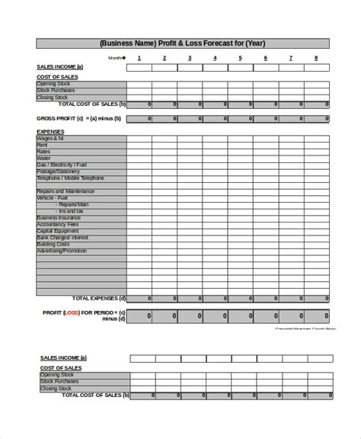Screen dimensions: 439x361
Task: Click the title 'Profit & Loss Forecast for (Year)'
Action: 183,43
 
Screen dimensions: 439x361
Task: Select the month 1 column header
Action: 139,58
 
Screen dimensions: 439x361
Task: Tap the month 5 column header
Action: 241,58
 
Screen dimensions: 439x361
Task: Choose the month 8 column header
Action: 316,58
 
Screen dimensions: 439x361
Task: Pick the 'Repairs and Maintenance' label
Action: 63,191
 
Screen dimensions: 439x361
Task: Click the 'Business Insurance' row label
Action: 59,217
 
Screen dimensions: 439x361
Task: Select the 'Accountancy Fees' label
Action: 57,224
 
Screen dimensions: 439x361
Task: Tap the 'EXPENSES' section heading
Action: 50,132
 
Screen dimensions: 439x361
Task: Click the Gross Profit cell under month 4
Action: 216,119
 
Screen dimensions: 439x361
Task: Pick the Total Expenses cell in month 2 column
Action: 165,298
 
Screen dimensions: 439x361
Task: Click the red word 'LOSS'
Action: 71,312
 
